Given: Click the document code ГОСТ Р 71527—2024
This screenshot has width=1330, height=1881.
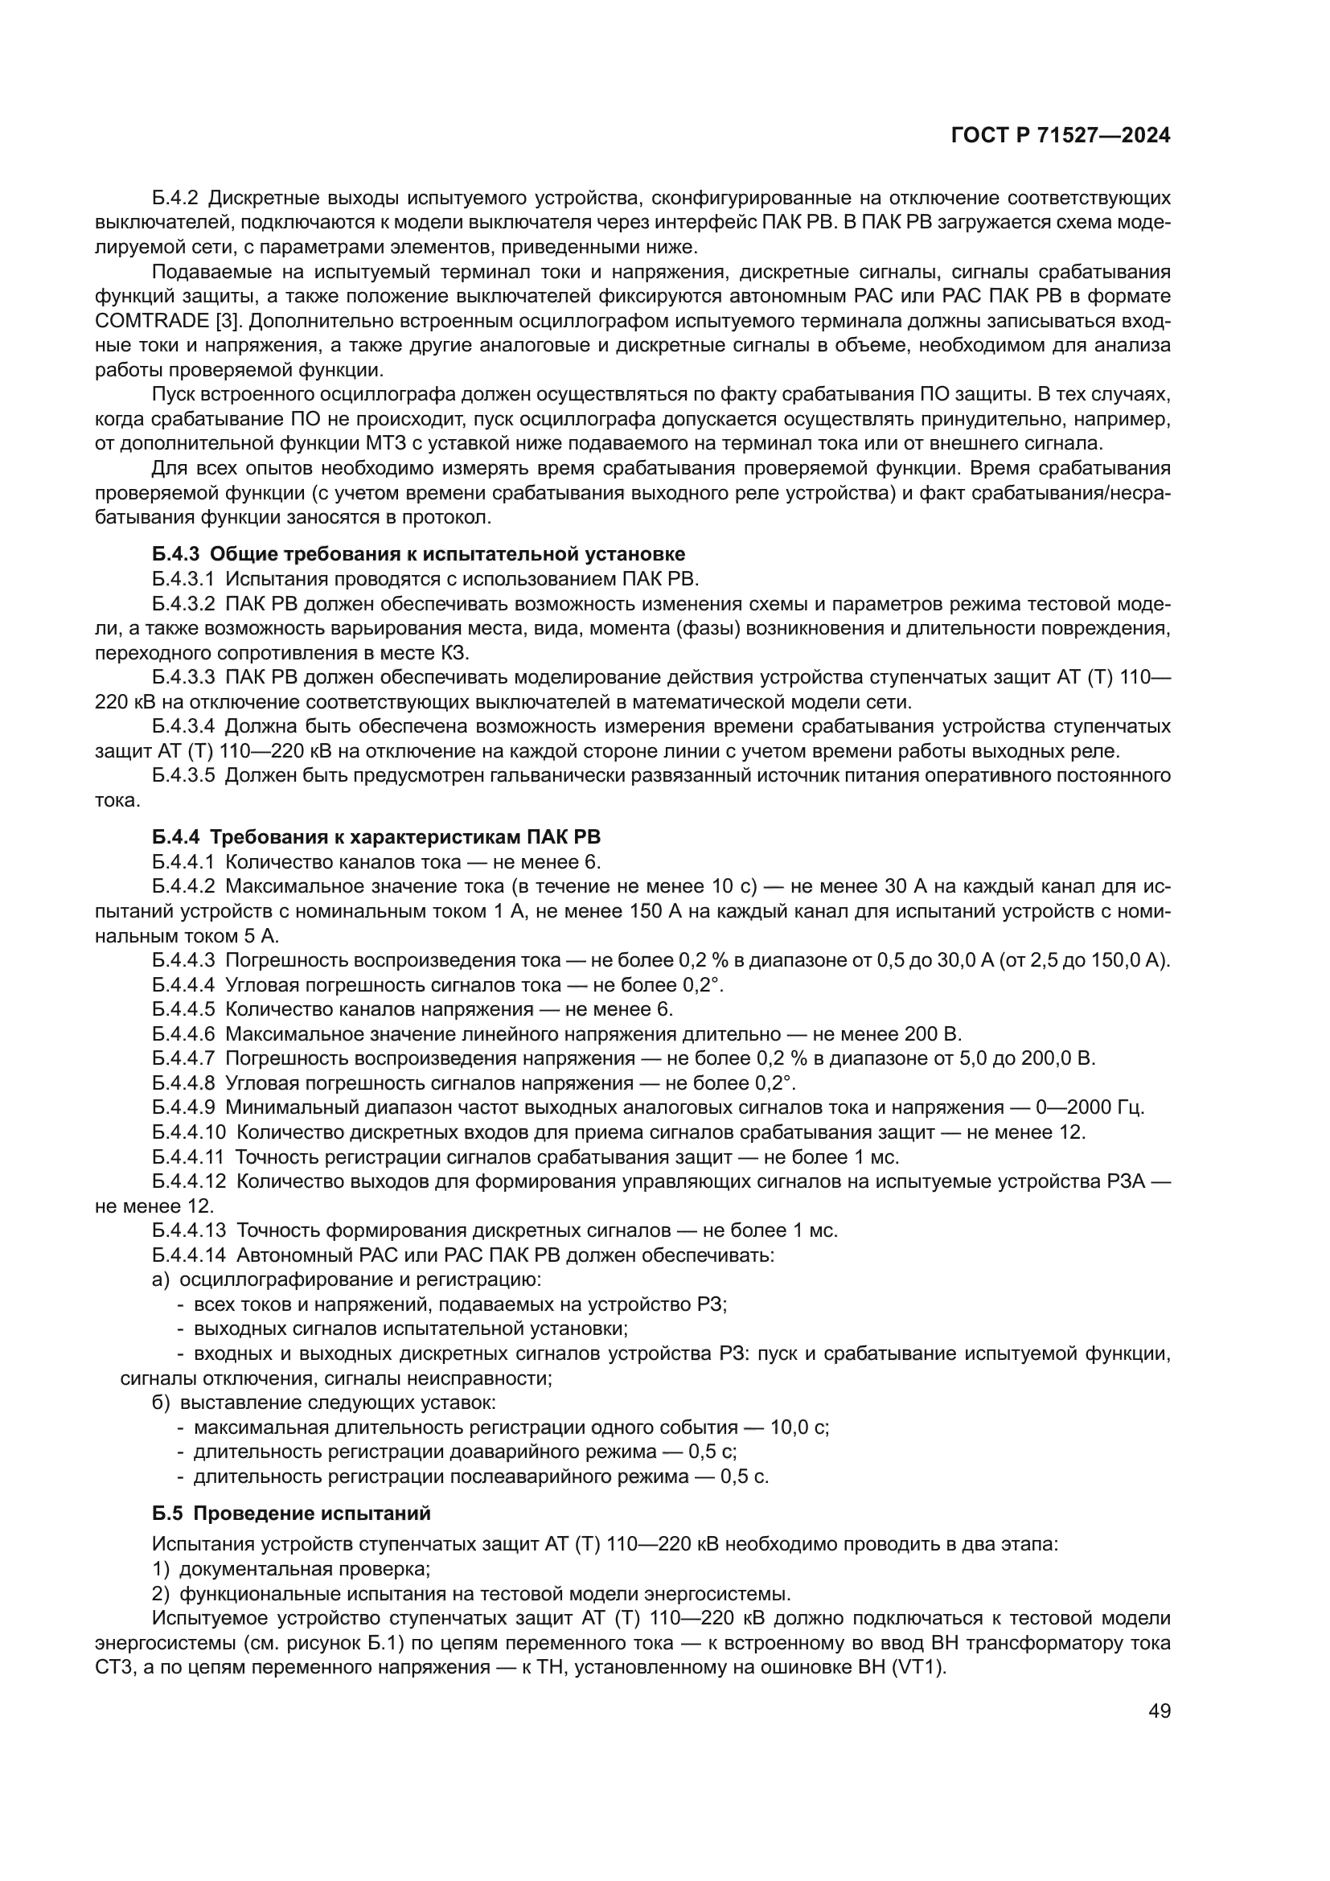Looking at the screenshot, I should point(1061,136).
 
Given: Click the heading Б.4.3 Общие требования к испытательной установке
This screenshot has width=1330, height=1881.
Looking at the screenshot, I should point(418,554).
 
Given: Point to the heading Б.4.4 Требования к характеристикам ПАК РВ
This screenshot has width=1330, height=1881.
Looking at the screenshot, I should point(376,836).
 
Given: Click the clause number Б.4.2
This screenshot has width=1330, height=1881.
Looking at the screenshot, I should point(175,199).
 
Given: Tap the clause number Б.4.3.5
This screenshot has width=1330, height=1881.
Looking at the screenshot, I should point(183,775).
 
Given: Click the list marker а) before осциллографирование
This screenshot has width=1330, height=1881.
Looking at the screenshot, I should point(161,1279).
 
